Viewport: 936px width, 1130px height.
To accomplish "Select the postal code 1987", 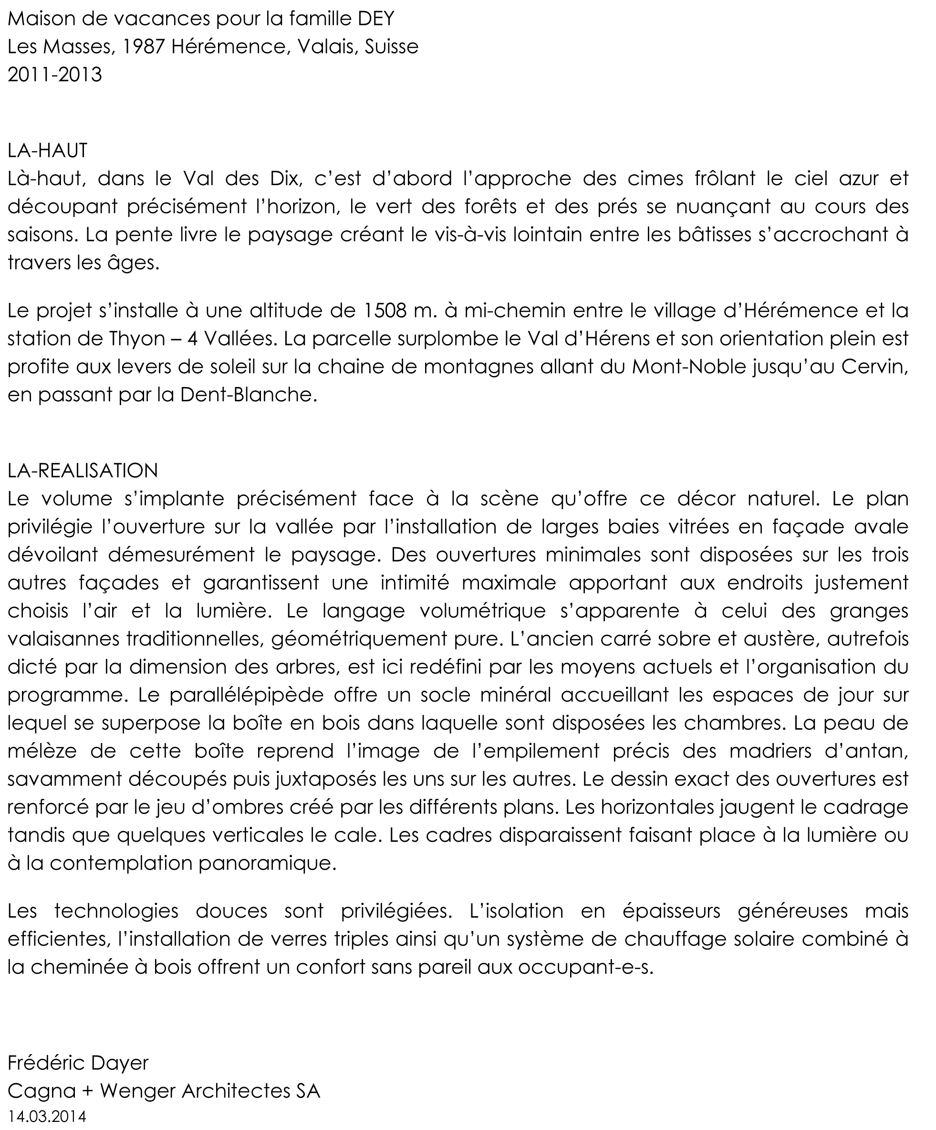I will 143,47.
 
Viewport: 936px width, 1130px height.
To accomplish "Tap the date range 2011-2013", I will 55,75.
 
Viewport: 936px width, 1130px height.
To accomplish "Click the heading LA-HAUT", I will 47,151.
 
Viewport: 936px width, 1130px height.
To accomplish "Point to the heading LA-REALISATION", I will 83,471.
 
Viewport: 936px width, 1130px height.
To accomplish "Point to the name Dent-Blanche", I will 246,395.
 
